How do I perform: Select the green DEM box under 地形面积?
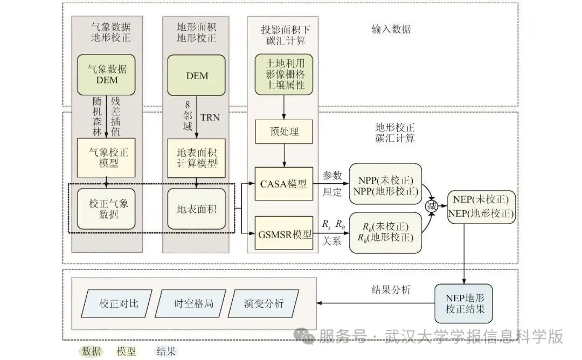(197, 75)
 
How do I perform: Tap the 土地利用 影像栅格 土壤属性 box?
(285, 74)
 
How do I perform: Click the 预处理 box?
(283, 131)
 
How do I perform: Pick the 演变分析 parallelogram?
(264, 303)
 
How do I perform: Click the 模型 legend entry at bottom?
(127, 351)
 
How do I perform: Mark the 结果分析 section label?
(391, 290)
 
